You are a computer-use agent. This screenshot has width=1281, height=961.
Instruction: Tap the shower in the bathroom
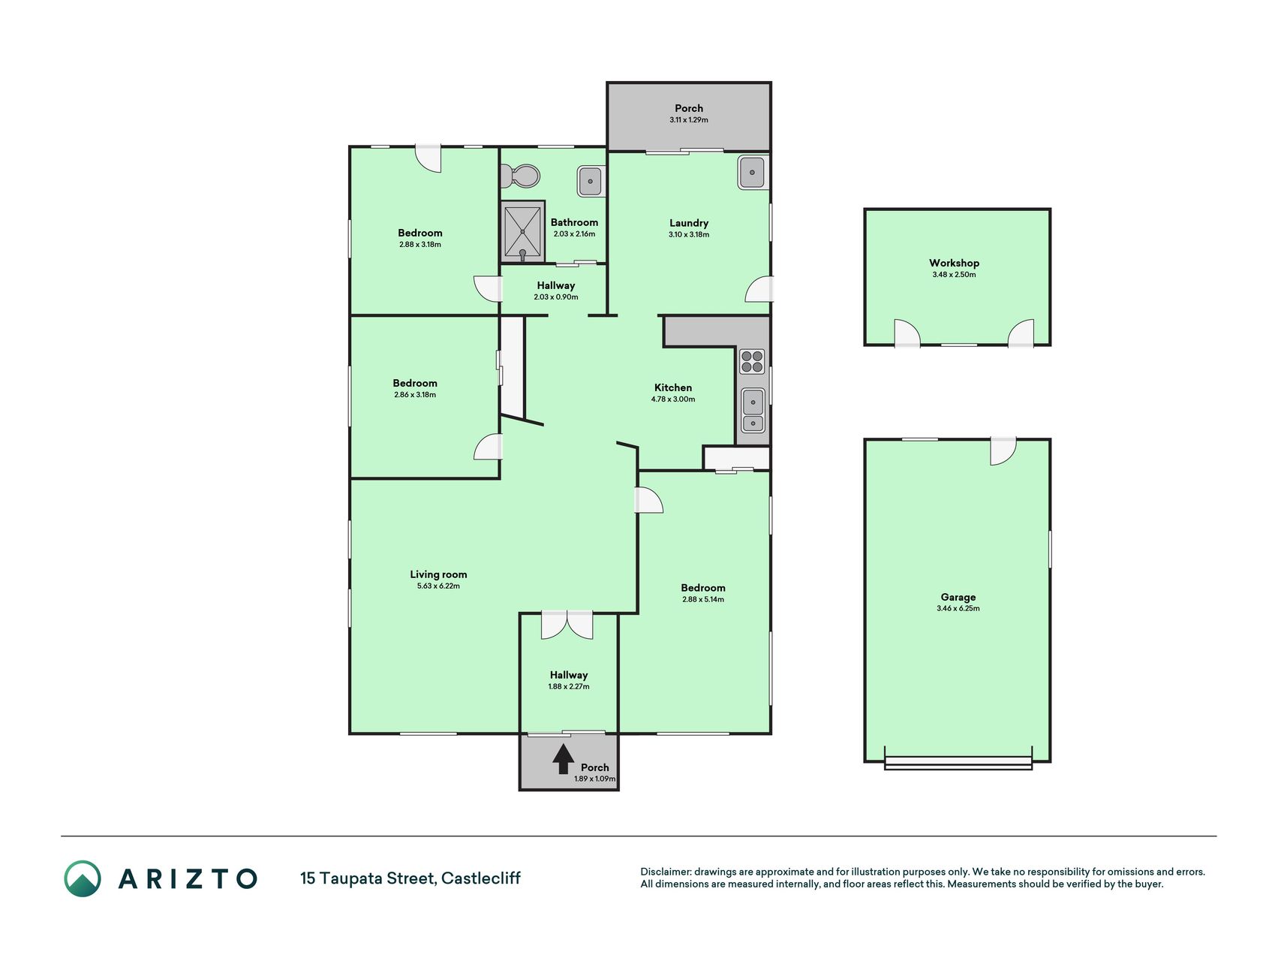522,231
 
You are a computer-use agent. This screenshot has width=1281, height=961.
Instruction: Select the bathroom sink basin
590,181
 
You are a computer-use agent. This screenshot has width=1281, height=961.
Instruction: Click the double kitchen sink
752,411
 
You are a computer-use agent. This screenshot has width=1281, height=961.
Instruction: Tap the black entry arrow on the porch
563,759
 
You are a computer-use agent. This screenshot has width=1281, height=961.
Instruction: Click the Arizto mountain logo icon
83,878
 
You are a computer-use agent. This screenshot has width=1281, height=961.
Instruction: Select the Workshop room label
954,263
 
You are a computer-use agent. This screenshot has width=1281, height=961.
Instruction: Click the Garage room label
958,598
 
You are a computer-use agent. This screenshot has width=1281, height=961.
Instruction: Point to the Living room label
438,574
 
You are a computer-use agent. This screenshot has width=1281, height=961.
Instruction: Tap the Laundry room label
689,223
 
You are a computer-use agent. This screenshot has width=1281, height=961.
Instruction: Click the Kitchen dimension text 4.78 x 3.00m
673,399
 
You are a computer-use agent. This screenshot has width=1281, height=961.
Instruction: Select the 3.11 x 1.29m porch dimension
689,120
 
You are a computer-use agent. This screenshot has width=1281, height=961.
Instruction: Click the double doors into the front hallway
567,625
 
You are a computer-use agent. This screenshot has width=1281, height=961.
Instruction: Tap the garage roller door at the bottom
958,763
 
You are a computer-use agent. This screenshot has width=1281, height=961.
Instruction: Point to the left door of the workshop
907,333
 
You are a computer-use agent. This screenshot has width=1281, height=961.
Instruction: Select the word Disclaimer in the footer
665,872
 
